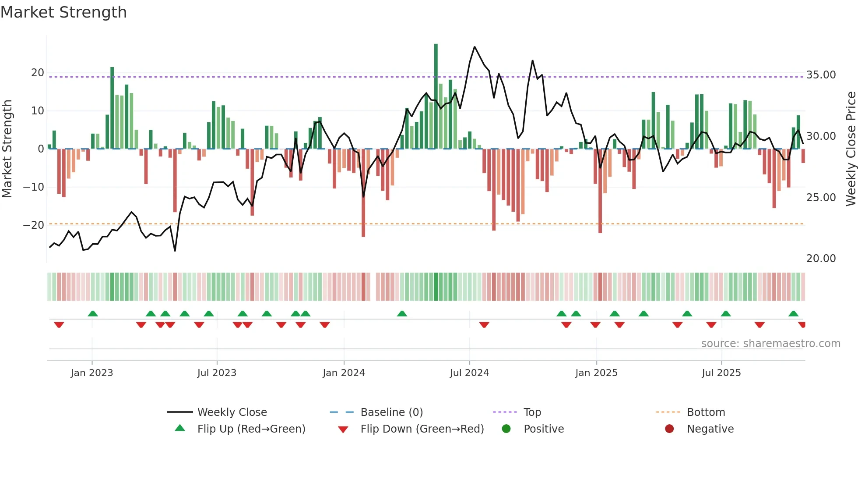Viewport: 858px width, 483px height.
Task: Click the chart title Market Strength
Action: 63,12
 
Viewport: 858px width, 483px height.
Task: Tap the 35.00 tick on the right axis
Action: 821,75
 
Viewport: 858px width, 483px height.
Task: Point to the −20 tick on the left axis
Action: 34,225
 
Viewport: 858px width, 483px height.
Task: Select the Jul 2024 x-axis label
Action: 469,373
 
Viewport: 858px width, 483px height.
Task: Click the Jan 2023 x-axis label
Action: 92,373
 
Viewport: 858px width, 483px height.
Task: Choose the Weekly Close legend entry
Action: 232,412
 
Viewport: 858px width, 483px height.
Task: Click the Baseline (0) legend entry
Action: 391,412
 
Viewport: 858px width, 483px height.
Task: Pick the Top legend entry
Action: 532,412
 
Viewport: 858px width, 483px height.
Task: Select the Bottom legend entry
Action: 706,412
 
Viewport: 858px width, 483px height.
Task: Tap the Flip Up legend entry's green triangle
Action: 180,428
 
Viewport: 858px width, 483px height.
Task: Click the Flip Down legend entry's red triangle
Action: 343,430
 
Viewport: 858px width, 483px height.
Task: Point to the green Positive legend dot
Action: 506,429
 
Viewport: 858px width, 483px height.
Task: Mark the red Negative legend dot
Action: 669,429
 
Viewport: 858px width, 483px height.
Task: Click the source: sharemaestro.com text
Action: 770,344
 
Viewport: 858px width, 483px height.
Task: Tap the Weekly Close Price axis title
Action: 851,149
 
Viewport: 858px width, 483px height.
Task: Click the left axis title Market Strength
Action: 7,149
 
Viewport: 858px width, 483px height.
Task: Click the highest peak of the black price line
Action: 475,47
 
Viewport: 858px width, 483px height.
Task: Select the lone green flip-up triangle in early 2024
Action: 402,313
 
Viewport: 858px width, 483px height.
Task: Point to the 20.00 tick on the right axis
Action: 821,259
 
